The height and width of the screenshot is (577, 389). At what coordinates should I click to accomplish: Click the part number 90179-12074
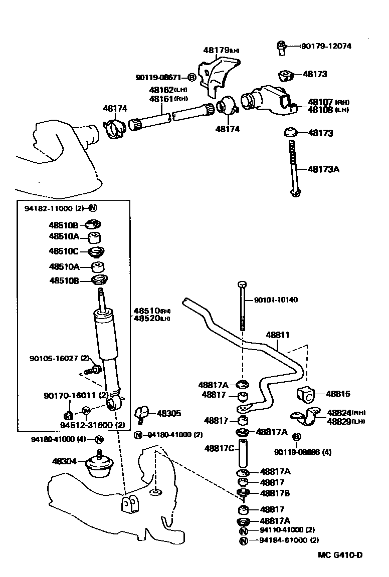326,46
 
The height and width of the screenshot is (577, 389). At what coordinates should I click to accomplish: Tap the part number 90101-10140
275,300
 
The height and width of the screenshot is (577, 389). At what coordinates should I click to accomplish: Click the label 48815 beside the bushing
338,394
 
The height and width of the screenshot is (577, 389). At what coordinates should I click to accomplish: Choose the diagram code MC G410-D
339,555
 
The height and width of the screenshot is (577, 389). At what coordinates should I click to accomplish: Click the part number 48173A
323,169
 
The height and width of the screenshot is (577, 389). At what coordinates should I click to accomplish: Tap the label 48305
169,413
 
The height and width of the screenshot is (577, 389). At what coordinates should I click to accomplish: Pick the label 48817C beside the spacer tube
219,448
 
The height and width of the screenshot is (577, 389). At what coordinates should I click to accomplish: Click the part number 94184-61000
282,540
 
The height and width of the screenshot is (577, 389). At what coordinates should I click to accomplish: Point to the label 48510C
64,251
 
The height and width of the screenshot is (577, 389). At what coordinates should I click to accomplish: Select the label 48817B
275,493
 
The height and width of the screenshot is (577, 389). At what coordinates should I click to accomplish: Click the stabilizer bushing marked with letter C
307,395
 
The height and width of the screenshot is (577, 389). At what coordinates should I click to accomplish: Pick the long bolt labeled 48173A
293,168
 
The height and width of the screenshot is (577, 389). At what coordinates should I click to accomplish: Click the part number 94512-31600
85,425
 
